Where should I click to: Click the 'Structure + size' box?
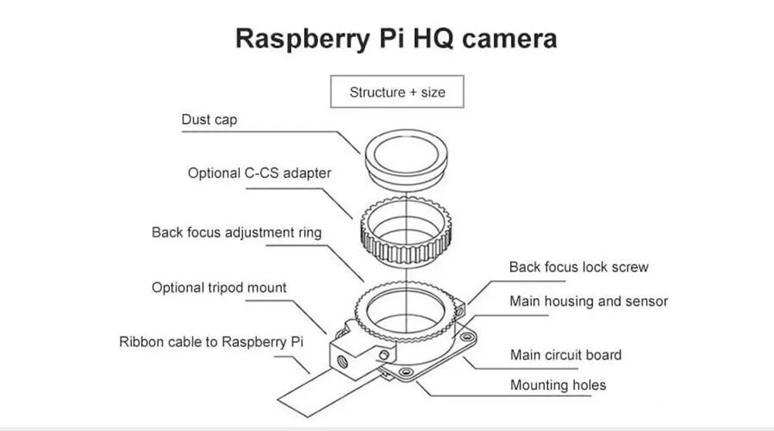tap(397, 92)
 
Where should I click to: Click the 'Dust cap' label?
tap(209, 120)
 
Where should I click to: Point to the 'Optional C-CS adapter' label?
tap(259, 173)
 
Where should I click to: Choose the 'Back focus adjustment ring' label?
tap(236, 232)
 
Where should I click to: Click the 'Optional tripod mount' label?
tap(219, 288)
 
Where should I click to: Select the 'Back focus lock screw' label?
tap(578, 267)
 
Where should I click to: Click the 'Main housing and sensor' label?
tap(588, 301)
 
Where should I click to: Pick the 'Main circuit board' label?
tap(565, 355)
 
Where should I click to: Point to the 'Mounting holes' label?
tap(557, 385)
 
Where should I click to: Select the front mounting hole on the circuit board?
tap(403, 371)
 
